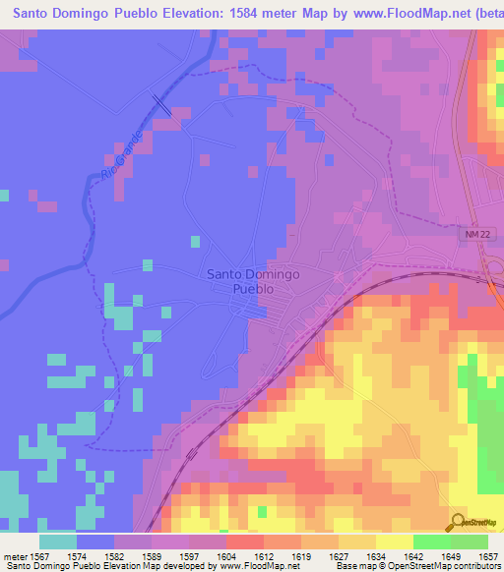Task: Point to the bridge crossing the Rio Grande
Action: (160, 105)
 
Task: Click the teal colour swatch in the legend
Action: (58, 542)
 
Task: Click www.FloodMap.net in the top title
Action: (388, 12)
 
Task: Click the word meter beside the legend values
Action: (15, 555)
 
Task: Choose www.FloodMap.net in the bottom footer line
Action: (259, 566)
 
